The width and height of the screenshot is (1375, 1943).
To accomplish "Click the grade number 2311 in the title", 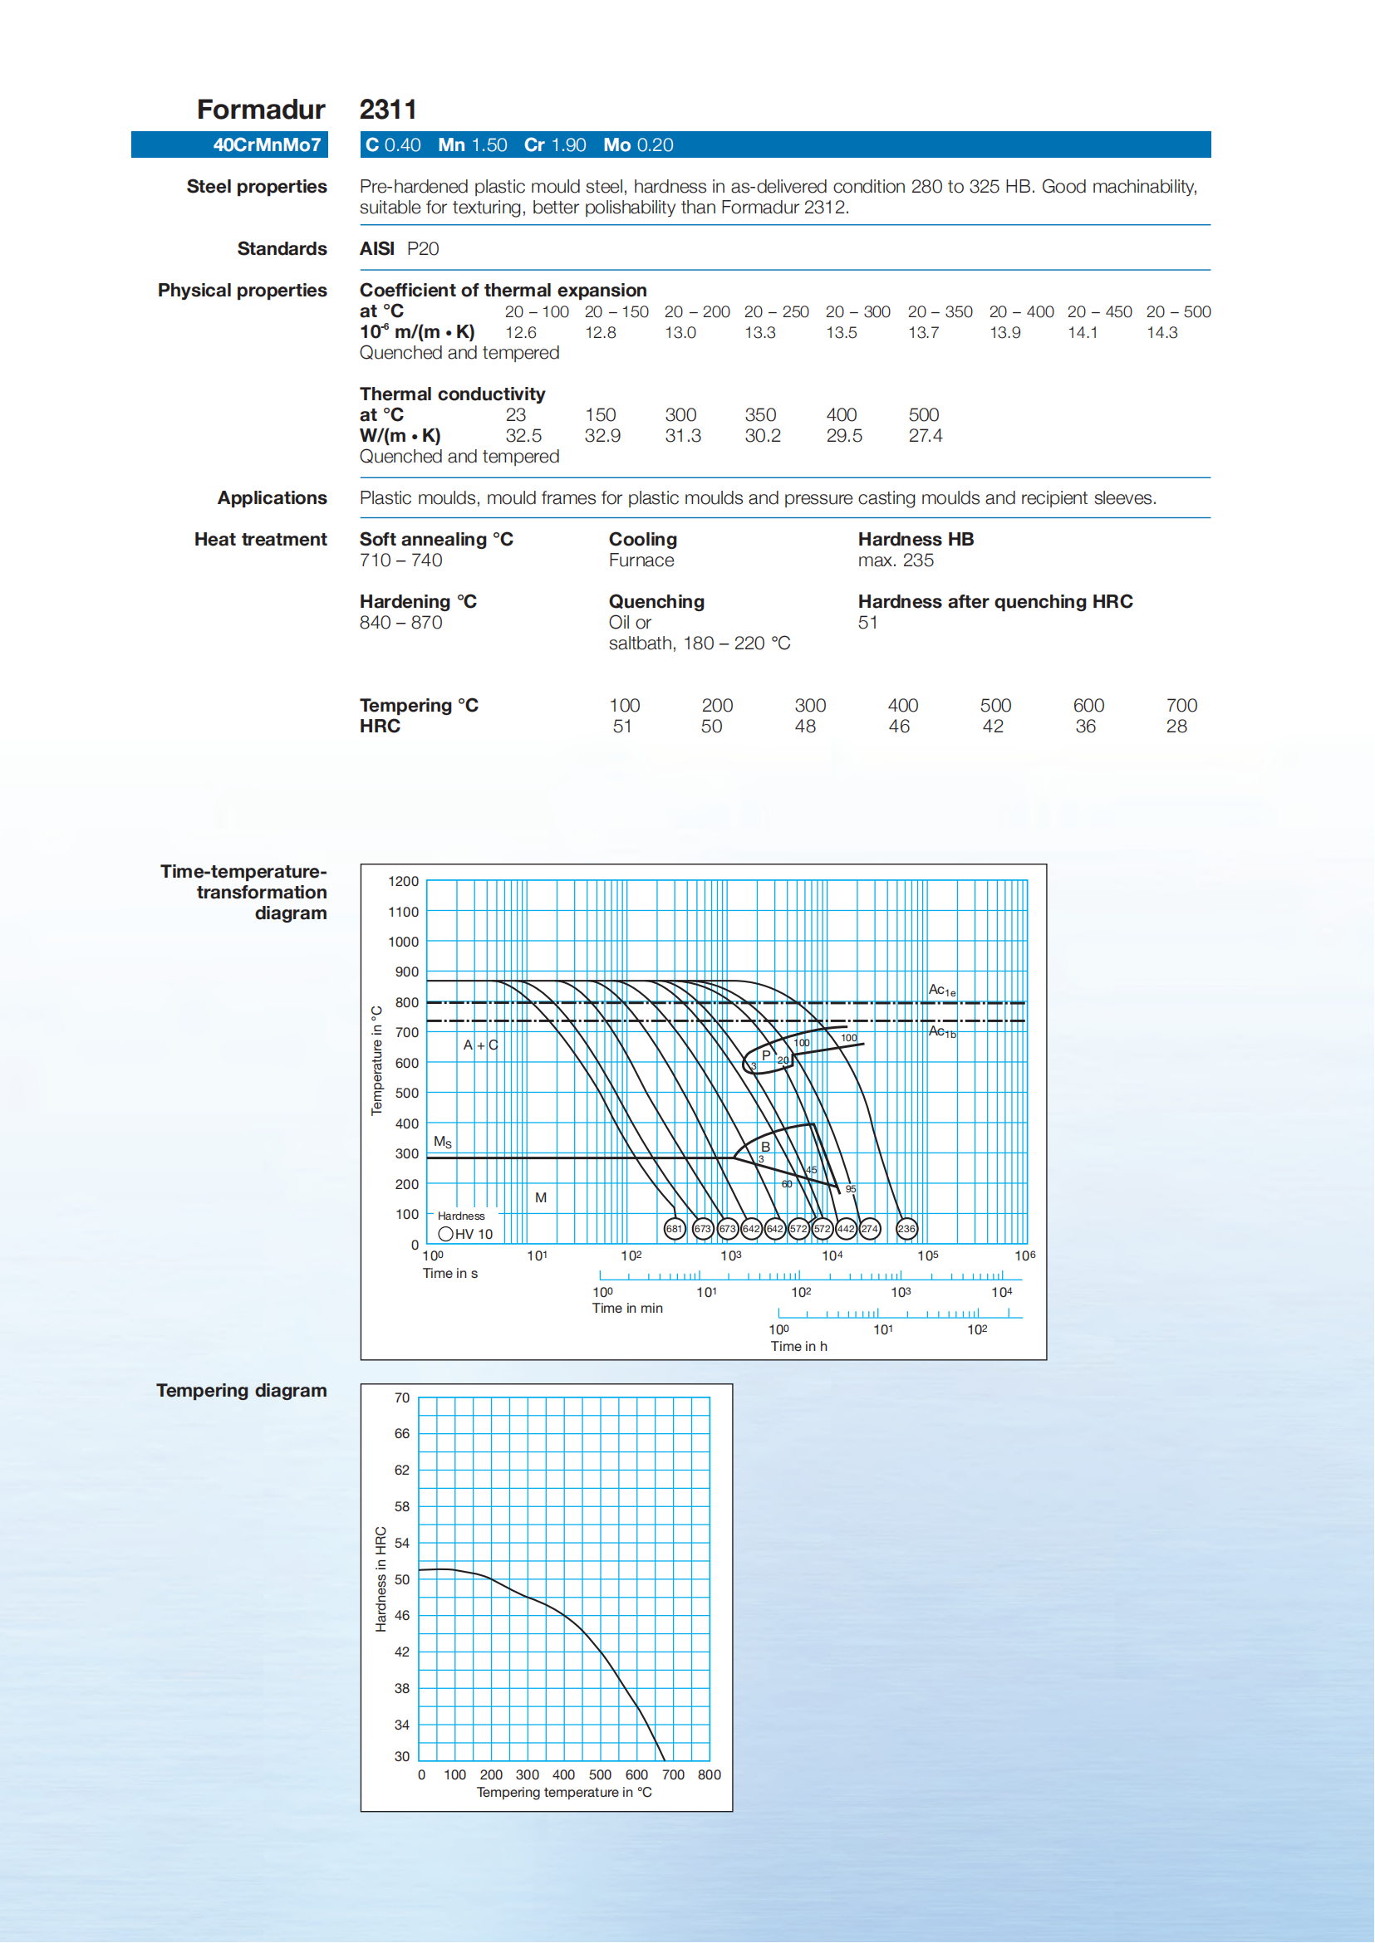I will [x=388, y=110].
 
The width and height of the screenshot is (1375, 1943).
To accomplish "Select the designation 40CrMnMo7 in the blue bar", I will [x=267, y=145].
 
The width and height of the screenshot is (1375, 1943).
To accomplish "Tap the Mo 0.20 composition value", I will [x=638, y=145].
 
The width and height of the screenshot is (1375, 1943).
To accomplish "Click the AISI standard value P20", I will [x=423, y=249].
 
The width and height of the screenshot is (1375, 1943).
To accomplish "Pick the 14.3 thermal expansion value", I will [x=1161, y=333].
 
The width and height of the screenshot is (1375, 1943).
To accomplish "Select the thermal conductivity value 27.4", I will [x=925, y=436].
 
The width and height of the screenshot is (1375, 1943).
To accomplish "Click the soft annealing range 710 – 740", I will [x=400, y=560].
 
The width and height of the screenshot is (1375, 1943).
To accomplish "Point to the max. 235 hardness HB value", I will [x=895, y=560].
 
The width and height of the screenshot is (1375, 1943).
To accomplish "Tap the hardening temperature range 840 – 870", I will [x=400, y=623].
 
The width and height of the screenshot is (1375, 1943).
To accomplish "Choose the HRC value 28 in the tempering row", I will [x=1176, y=727].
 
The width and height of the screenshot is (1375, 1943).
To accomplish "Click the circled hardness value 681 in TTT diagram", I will [x=674, y=1229].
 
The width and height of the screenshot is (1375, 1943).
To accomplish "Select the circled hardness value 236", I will [x=906, y=1229].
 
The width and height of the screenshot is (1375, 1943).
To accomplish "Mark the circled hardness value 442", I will [x=846, y=1229].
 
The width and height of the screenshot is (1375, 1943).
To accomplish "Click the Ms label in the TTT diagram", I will [x=443, y=1143].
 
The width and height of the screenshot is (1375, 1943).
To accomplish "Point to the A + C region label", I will [x=480, y=1046].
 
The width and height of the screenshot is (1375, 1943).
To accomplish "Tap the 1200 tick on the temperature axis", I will [x=403, y=882].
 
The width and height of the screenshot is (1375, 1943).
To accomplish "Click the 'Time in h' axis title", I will [x=798, y=1346].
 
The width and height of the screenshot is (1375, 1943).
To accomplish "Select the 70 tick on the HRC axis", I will [x=401, y=1398].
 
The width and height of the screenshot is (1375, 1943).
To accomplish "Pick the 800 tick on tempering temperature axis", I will [x=709, y=1774].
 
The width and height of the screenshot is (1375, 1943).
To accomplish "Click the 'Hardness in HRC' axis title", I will [x=381, y=1579].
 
